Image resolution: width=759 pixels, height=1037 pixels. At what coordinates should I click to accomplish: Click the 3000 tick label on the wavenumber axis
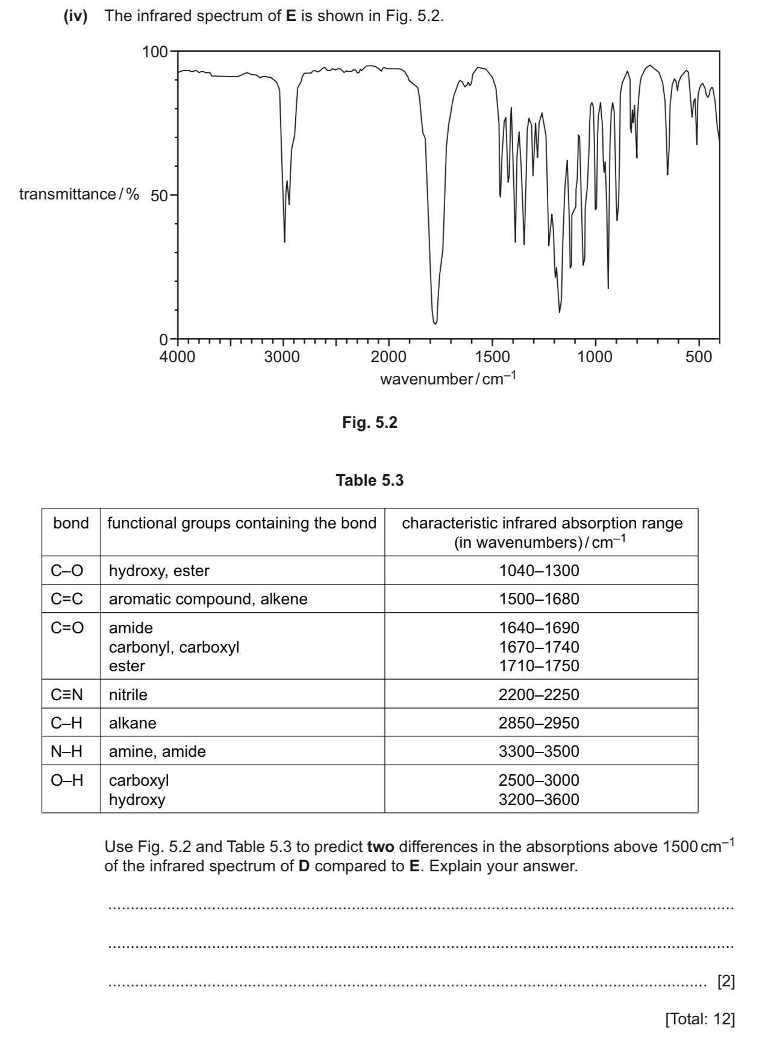coord(282,357)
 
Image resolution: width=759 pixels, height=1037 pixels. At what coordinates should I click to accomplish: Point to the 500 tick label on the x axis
coord(699,357)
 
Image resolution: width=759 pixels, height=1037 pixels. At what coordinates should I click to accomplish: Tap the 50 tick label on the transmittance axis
coord(160,196)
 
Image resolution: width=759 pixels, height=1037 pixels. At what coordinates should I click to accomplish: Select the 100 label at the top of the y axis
coord(155,52)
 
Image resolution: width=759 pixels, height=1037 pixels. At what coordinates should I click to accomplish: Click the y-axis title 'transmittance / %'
coord(79,195)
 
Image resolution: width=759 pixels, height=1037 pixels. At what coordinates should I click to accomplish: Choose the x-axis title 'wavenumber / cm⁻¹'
coord(448,379)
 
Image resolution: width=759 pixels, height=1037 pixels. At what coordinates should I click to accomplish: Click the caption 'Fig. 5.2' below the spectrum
coord(370,423)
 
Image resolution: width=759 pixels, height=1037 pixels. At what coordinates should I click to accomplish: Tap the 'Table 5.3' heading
coord(370,481)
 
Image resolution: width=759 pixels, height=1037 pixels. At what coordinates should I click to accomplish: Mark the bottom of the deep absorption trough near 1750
coord(435,322)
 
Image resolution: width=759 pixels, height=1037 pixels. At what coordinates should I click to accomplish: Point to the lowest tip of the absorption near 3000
coord(284,242)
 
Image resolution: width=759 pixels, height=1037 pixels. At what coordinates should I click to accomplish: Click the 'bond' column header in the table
coord(71,524)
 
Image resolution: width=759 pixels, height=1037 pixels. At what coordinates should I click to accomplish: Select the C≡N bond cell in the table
coord(67,695)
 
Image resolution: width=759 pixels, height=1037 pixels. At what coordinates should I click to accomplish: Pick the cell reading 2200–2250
coord(539,695)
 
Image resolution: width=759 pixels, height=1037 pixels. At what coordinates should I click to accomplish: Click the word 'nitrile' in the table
coord(128,695)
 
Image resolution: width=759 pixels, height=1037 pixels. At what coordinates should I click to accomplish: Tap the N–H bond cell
coord(67,751)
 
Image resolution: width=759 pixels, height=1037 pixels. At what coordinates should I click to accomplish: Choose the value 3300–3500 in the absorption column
coord(539,751)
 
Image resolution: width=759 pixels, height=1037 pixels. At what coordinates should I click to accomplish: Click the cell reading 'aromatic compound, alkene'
coord(208,599)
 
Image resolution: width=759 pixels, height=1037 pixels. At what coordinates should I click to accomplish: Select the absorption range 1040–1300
coord(539,571)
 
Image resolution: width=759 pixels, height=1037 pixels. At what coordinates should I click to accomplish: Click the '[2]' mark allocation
coord(726,982)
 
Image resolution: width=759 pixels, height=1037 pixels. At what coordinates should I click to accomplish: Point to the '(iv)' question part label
coord(76,16)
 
